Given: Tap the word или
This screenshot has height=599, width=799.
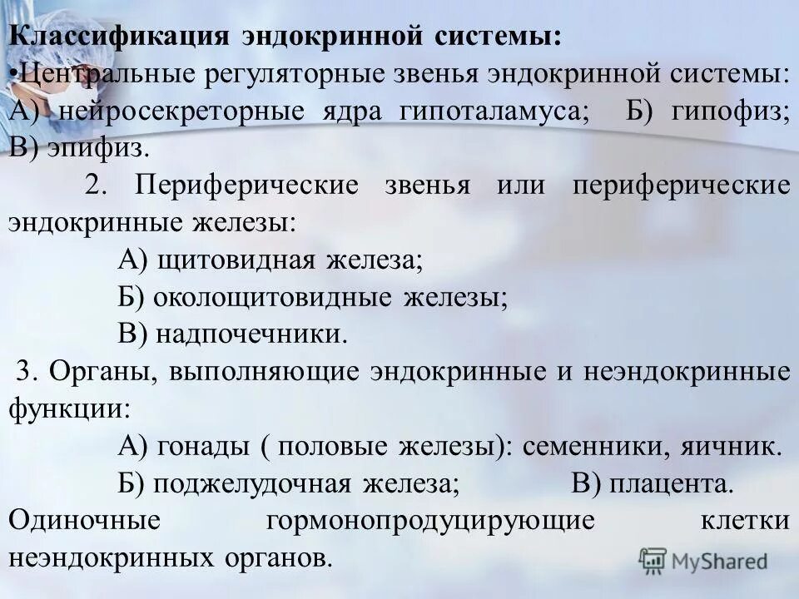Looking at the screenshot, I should (520, 185).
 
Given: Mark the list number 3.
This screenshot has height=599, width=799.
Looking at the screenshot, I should (26, 371).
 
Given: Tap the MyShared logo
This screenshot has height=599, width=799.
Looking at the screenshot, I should (703, 561).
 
